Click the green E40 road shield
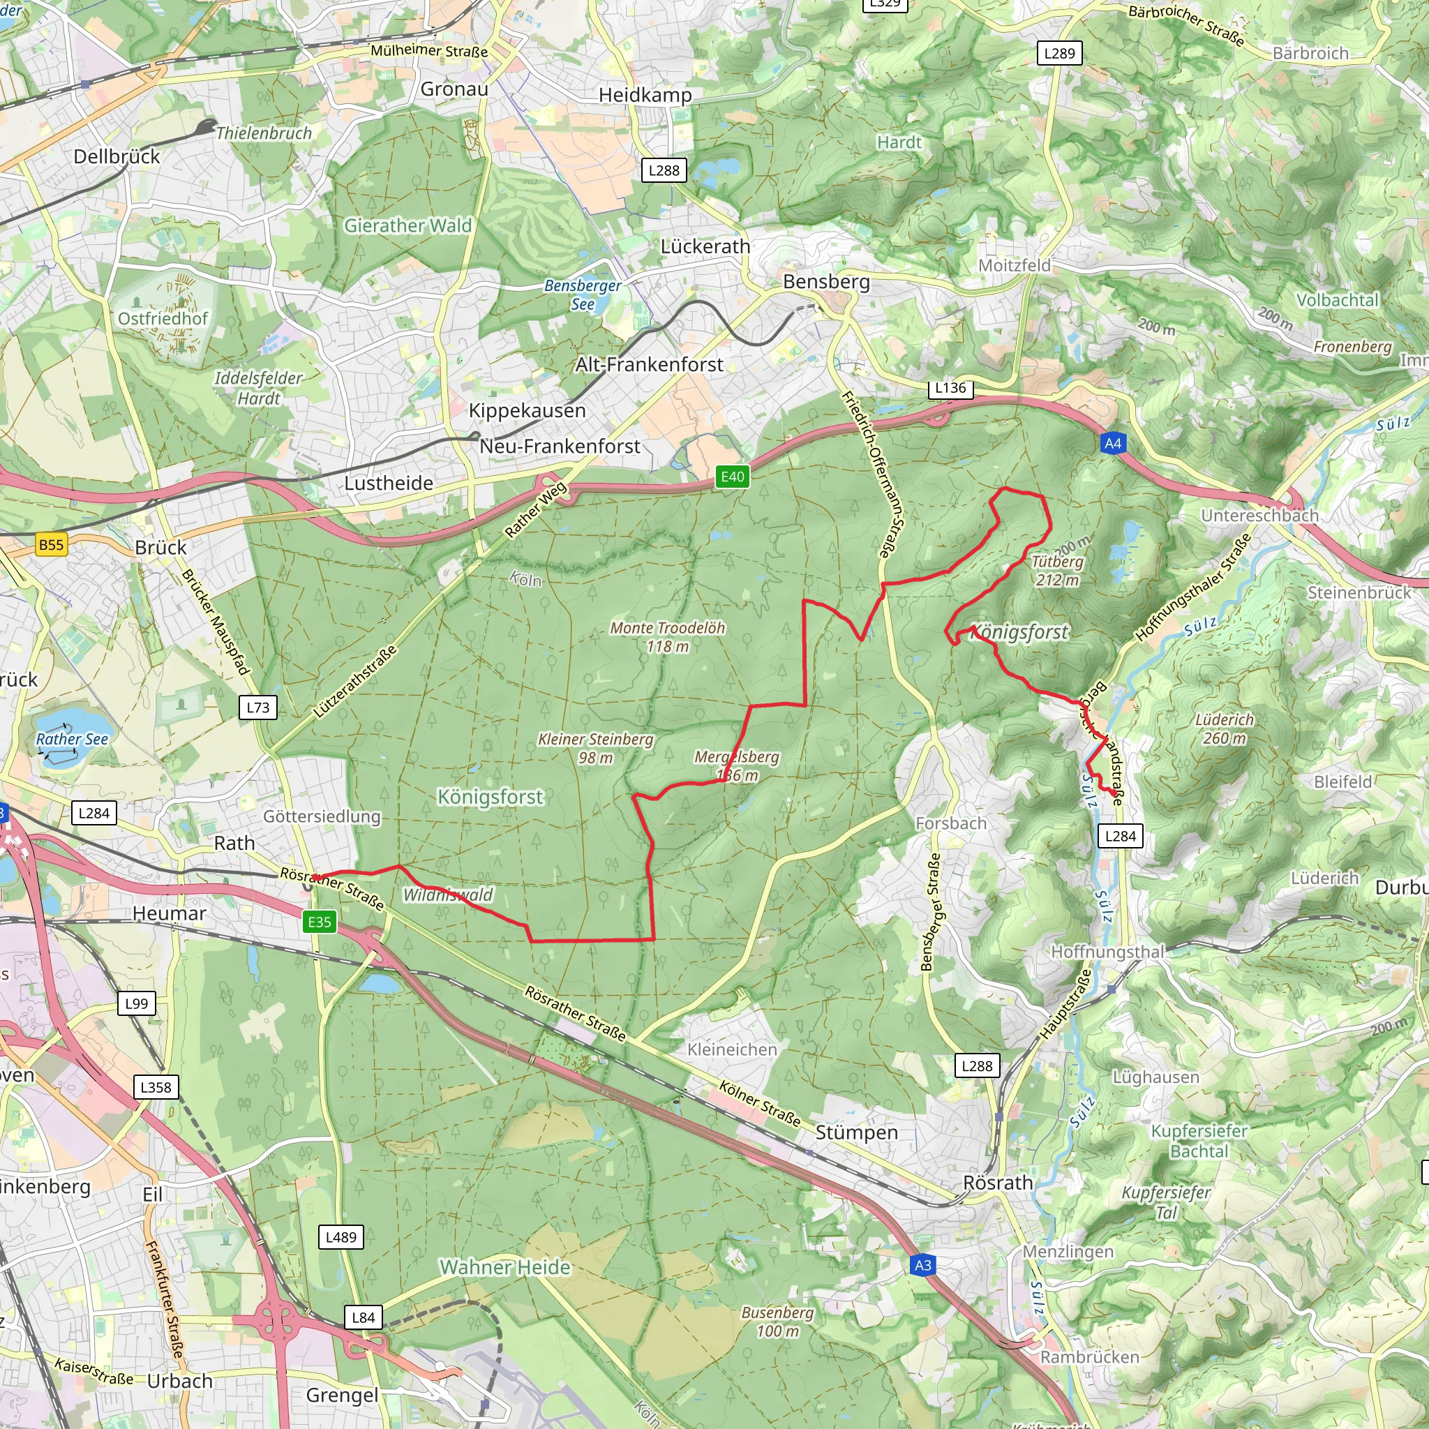coord(732,477)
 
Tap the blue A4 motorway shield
coord(1112,443)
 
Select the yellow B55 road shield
coord(51,545)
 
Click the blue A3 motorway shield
coord(923,1265)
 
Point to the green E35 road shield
coord(320,922)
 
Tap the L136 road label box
coord(950,387)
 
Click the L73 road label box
coord(258,707)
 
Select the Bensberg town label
coord(826,282)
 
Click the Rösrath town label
coord(998,1182)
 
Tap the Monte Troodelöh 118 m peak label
coord(667,637)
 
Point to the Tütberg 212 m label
coord(1057,570)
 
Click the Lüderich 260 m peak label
coord(1224,728)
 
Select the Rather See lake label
coord(72,739)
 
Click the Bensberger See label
coord(583,294)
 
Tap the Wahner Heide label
coord(505,1267)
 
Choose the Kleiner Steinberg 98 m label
coord(595,748)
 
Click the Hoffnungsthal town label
coord(1107,952)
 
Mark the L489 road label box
coord(341,1236)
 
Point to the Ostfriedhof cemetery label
coord(163,319)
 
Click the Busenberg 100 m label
coord(777,1321)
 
